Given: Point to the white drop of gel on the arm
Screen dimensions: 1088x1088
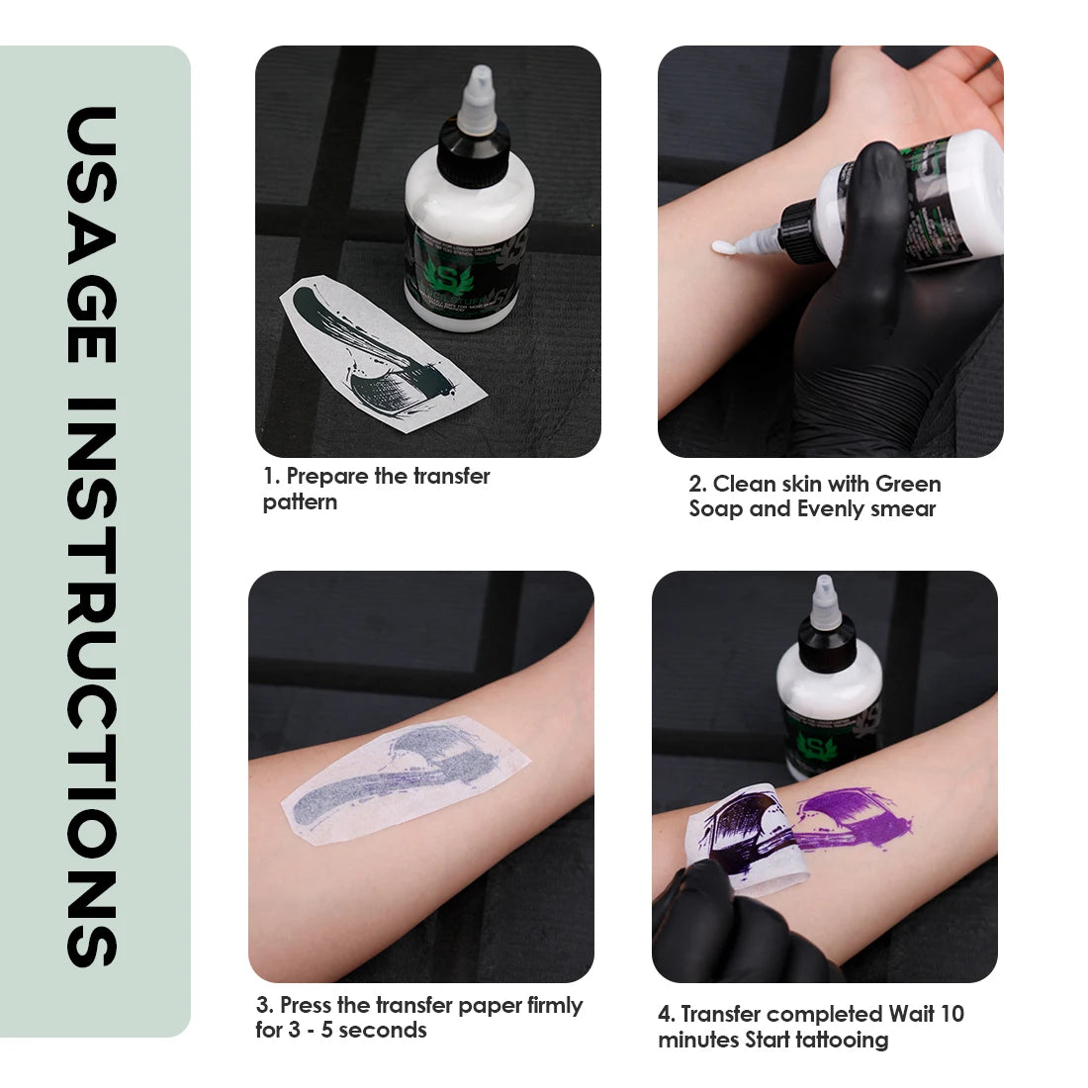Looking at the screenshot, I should (x=724, y=247).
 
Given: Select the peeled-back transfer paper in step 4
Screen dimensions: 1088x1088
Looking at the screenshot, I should (x=752, y=836).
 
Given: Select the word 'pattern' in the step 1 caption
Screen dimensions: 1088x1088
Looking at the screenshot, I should (x=300, y=502).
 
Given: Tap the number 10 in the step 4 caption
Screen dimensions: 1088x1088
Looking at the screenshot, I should (x=951, y=1015).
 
